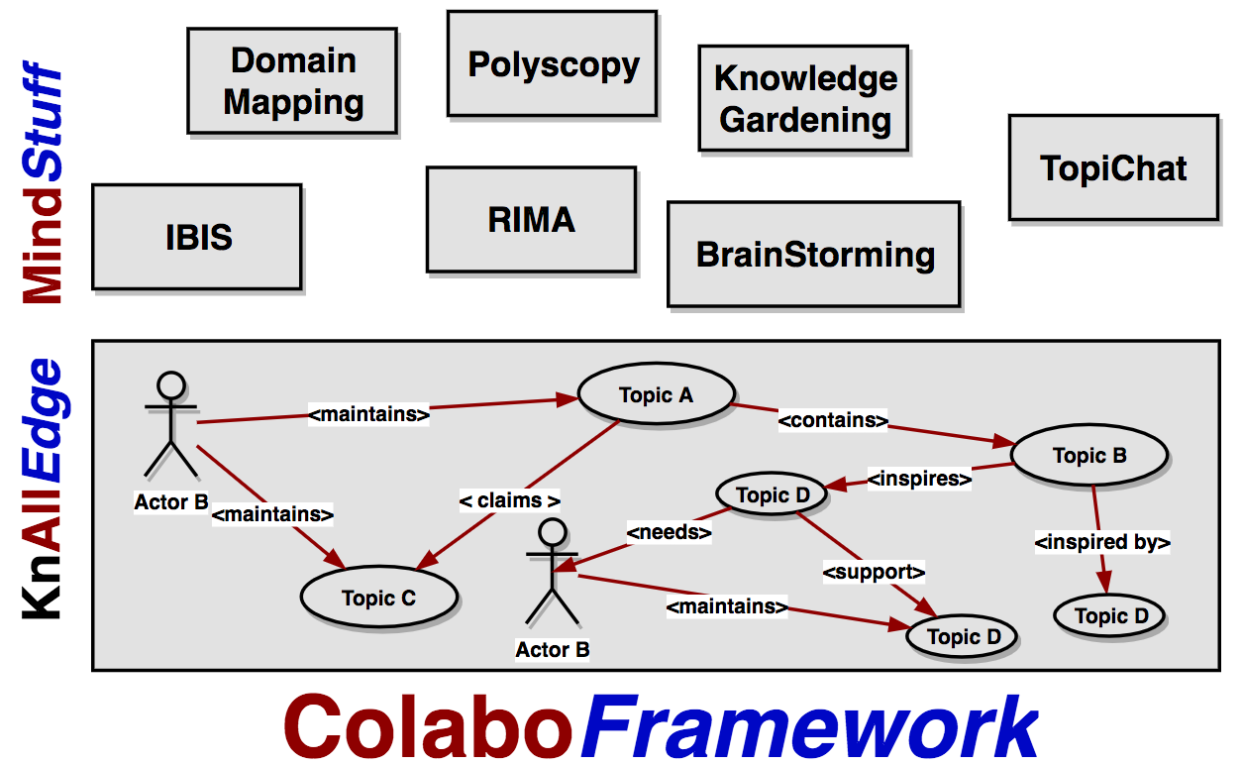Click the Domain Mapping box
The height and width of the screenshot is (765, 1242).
point(292,81)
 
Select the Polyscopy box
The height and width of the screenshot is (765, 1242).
point(553,64)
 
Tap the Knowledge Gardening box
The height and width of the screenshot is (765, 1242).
point(804,98)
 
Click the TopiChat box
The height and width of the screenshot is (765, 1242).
point(1113,167)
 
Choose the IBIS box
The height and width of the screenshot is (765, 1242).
point(197,237)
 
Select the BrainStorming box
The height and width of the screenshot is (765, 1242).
point(814,255)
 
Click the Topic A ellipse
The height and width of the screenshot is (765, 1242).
point(656,394)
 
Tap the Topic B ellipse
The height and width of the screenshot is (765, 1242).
point(1088,455)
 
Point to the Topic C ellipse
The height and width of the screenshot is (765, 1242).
point(378,598)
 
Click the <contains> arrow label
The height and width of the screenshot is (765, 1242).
point(833,419)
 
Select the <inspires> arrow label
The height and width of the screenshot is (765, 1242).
point(919,479)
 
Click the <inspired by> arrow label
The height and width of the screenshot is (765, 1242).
point(1102,542)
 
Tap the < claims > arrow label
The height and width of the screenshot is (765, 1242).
point(509,500)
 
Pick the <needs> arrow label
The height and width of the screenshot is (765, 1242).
point(670,532)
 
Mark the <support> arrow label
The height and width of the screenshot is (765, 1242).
point(874,571)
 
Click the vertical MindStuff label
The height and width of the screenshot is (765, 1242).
point(42,183)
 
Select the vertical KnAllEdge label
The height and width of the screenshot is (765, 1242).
point(42,489)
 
